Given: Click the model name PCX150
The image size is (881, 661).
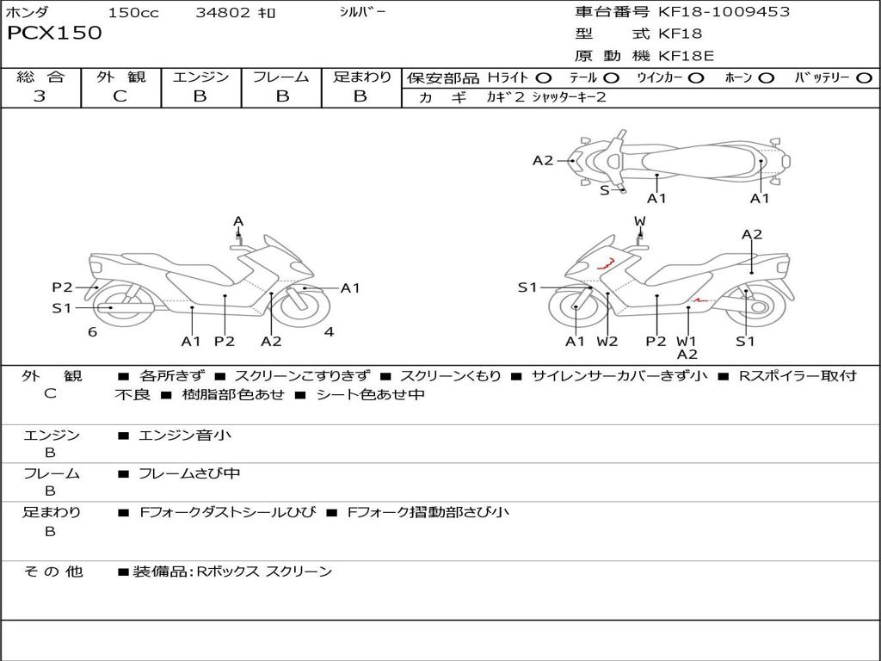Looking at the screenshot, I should pyautogui.click(x=54, y=34).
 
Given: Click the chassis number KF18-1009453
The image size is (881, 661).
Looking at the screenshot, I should pyautogui.click(x=724, y=12).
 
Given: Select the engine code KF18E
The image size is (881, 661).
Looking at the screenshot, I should pyautogui.click(x=686, y=57).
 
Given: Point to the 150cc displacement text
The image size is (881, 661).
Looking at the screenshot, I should pyautogui.click(x=133, y=13).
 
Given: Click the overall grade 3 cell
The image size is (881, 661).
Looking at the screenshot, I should pyautogui.click(x=40, y=96).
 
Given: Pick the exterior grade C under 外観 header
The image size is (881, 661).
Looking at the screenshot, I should pyautogui.click(x=120, y=96).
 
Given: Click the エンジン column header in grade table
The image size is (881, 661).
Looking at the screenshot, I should pyautogui.click(x=200, y=77).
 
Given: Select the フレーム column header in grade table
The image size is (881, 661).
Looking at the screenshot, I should pyautogui.click(x=281, y=77).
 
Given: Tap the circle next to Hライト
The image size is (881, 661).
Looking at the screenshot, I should pyautogui.click(x=543, y=78).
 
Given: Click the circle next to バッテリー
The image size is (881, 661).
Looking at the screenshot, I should pyautogui.click(x=864, y=78).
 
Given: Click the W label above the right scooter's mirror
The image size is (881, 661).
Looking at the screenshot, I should pyautogui.click(x=640, y=221).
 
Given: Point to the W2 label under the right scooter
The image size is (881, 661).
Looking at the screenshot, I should pyautogui.click(x=607, y=342).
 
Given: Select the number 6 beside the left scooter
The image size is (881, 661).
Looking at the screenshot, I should pyautogui.click(x=92, y=332).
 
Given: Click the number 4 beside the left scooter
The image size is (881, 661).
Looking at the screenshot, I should pyautogui.click(x=329, y=332).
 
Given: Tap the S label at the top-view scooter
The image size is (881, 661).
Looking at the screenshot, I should pyautogui.click(x=604, y=190).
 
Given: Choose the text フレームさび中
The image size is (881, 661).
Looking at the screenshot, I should pyautogui.click(x=189, y=473).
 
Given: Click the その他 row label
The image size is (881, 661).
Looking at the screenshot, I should pyautogui.click(x=52, y=571).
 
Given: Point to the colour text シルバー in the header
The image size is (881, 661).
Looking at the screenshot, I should pyautogui.click(x=362, y=12).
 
